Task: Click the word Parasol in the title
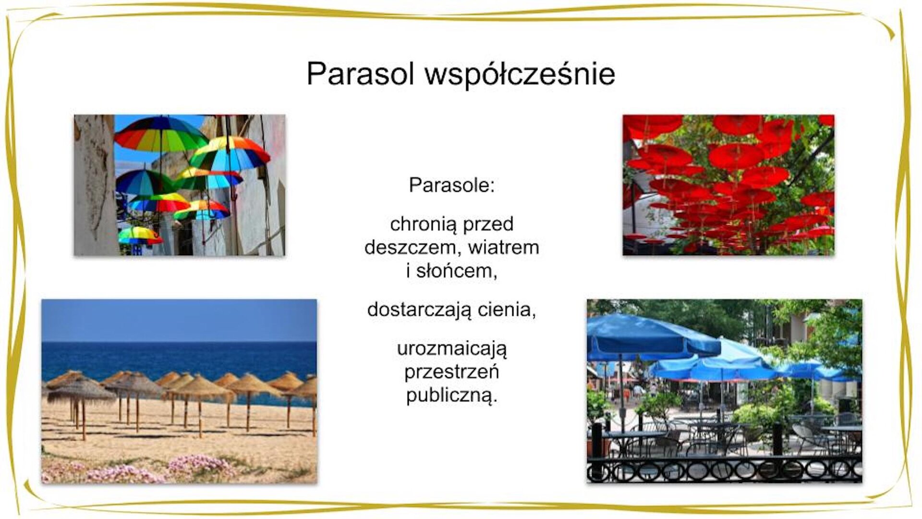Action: (x=360, y=74)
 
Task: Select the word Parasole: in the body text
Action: (x=451, y=185)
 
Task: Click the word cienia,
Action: (x=507, y=310)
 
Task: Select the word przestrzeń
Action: (x=451, y=372)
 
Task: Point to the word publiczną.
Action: (x=451, y=396)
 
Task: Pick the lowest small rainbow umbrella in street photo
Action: (x=139, y=235)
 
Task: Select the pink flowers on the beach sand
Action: (x=202, y=464)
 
